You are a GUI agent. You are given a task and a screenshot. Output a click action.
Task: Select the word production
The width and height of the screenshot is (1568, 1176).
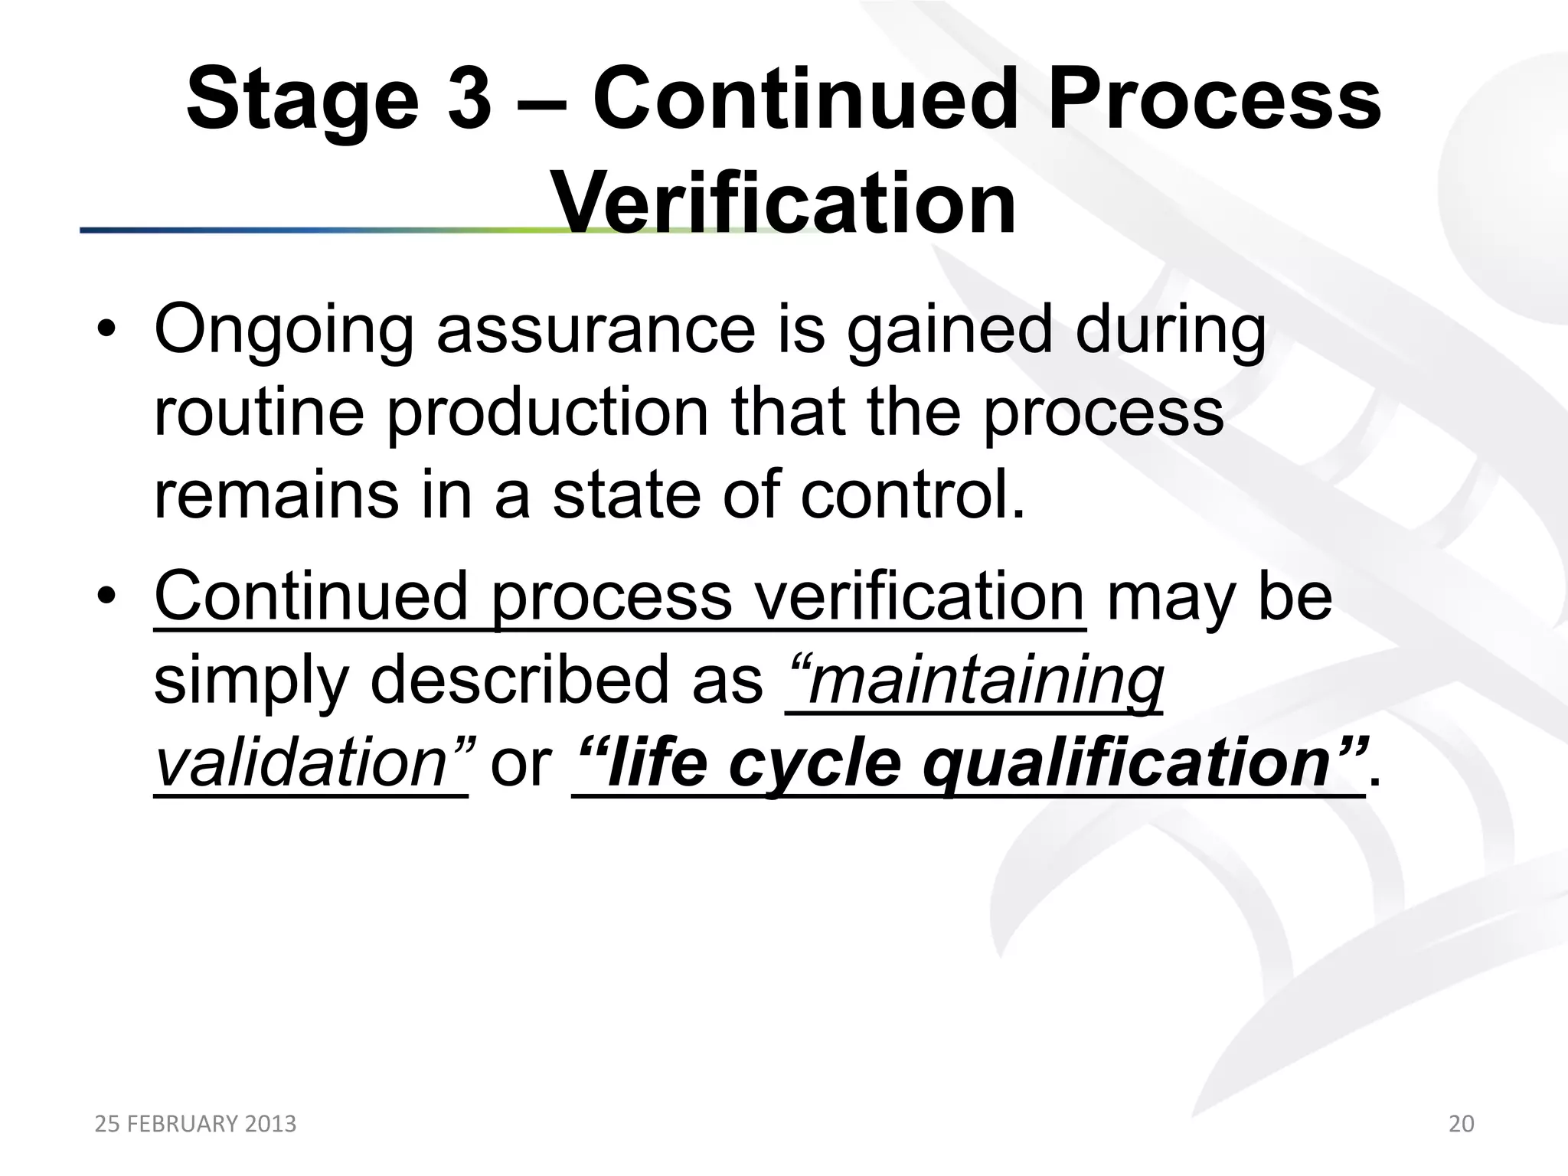(x=547, y=414)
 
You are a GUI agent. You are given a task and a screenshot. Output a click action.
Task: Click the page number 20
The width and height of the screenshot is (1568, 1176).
(x=1461, y=1124)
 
